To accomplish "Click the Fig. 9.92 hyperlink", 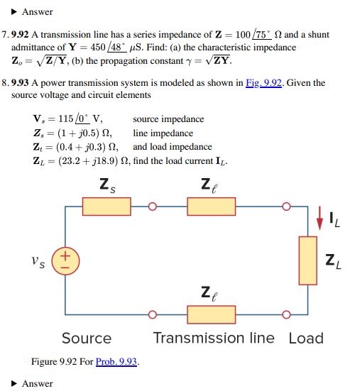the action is tap(263, 83).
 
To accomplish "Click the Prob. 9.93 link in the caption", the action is tap(116, 361).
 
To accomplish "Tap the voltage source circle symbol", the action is tap(65, 261).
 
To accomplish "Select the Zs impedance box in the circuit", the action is tap(107, 206).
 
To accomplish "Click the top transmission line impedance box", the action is tap(212, 206).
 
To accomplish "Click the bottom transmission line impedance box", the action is tap(212, 314).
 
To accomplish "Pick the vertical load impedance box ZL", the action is tap(308, 260).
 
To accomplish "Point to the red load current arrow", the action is tap(320, 218).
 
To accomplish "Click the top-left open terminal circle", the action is tap(153, 206).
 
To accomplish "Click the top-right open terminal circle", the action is tap(286, 206).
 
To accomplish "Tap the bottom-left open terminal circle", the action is tap(153, 314).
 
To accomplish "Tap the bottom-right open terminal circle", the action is tap(286, 314).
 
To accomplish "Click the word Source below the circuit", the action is tap(87, 338).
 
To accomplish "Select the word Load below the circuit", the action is tap(306, 338).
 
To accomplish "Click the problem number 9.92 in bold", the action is tap(20, 34).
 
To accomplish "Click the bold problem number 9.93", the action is tap(20, 83).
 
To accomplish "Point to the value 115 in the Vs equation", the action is tap(66, 119).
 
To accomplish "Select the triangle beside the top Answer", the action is tap(14, 12).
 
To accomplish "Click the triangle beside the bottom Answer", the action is tap(14, 383).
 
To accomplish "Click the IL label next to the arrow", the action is tap(334, 220).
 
